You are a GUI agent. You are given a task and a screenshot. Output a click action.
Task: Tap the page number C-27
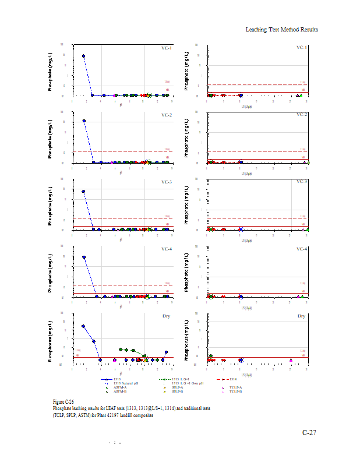click(309, 433)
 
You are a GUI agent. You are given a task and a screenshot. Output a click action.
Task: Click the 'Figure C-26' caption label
click(63, 402)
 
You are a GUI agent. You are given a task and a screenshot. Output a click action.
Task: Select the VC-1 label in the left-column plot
click(167, 48)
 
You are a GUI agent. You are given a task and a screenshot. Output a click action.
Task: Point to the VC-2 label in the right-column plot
click(301, 115)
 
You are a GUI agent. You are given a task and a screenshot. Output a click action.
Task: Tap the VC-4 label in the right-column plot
click(301, 249)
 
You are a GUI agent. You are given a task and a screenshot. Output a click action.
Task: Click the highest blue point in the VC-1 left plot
click(83, 57)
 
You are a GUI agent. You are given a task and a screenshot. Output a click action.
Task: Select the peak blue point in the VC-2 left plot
click(84, 121)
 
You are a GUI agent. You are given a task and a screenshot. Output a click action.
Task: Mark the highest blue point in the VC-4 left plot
click(84, 257)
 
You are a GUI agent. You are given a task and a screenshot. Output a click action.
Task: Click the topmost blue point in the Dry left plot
click(83, 326)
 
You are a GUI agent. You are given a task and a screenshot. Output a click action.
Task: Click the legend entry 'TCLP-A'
click(236, 387)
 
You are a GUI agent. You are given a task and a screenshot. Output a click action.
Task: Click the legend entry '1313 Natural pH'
click(125, 383)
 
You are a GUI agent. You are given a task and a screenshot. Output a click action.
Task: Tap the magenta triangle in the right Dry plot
click(291, 359)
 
